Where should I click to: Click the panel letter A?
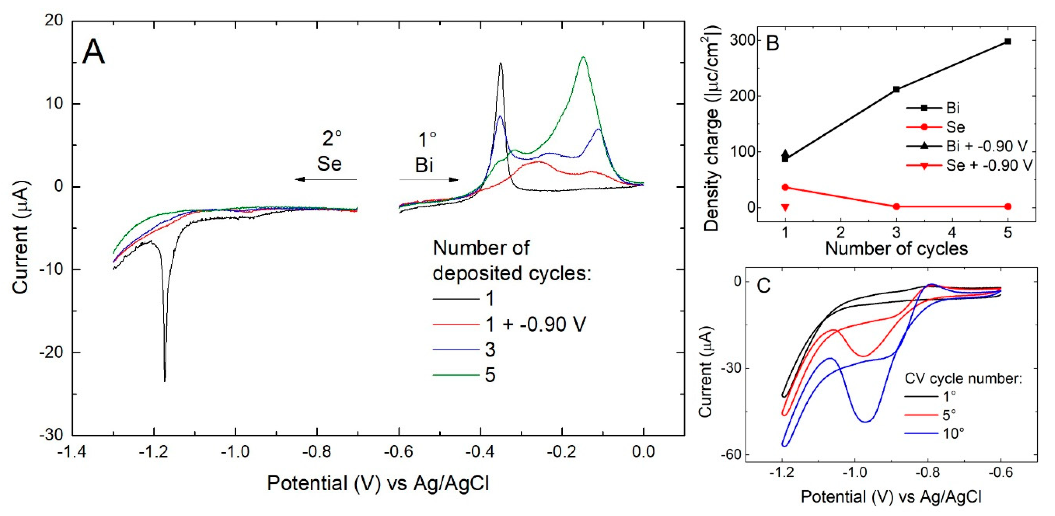93,52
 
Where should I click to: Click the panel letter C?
763,286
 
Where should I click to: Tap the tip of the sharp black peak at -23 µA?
165,381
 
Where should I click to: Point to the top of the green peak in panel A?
583,57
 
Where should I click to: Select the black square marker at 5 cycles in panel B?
1008,41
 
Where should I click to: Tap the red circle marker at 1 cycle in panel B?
785,187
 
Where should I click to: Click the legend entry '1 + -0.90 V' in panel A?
535,325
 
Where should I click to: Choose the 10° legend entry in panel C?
953,433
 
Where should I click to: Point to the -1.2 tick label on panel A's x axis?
153,452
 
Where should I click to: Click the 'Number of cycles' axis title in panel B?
896,249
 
